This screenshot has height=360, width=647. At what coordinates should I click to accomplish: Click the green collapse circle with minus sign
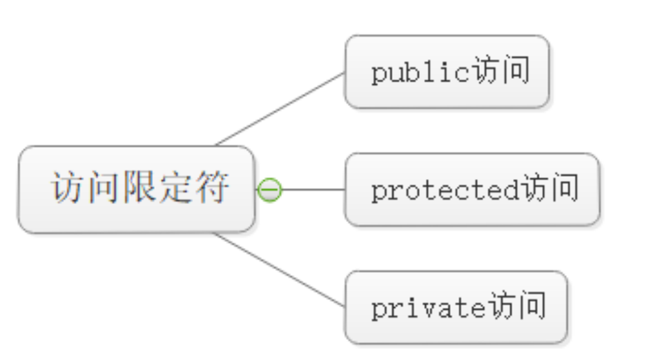[x=270, y=190]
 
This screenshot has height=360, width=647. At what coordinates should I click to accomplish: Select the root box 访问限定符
[x=136, y=189]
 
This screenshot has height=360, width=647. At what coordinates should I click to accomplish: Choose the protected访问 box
[x=472, y=190]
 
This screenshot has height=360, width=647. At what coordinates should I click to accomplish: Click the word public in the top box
[x=420, y=73]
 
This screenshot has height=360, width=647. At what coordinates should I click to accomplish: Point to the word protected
[x=445, y=190]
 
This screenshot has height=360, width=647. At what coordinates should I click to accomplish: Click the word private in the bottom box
[x=428, y=308]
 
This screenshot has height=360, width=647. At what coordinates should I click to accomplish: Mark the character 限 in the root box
[x=140, y=188]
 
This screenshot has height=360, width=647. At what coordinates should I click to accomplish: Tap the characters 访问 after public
[x=499, y=72]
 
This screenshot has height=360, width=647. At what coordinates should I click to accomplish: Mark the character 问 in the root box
[x=104, y=188]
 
